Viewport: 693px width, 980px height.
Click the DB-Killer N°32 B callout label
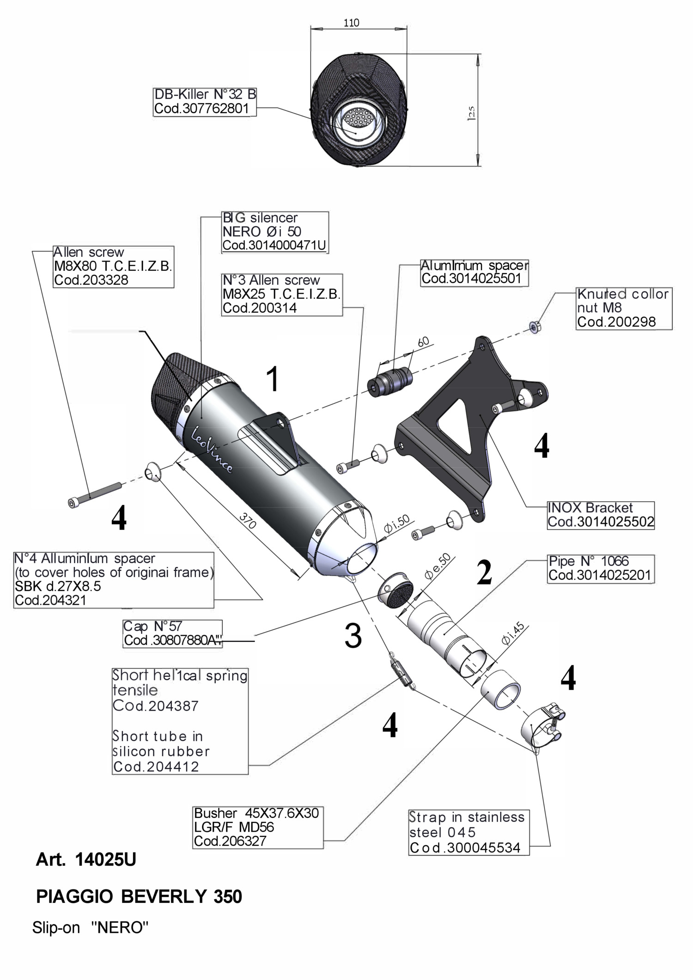205,102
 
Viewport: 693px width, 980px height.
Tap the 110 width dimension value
352,23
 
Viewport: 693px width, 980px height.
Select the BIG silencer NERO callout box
275,231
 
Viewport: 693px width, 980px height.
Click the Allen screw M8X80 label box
113,267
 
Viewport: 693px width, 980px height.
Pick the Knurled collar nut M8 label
624,308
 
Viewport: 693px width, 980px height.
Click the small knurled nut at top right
535,328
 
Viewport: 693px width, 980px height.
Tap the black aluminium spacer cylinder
389,380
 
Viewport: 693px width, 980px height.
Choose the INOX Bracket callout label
601,515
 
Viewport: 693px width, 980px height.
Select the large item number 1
274,379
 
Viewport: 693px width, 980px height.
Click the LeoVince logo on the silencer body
212,448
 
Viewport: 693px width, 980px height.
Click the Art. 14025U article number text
86,860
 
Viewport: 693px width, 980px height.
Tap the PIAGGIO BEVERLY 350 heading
139,897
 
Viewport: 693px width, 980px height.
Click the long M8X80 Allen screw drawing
95,494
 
